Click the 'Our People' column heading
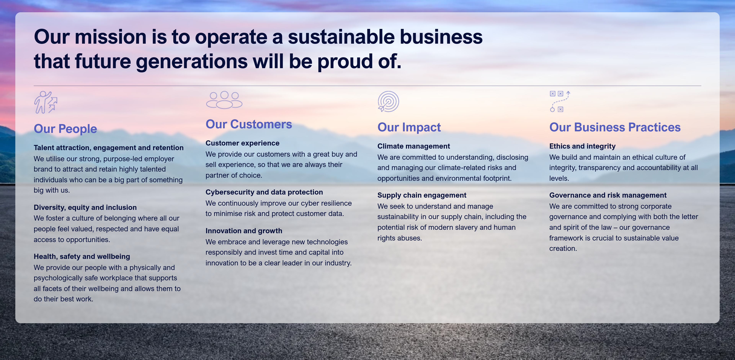tap(65, 129)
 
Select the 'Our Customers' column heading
tap(249, 124)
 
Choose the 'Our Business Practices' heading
tap(615, 127)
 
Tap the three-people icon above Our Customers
tap(224, 100)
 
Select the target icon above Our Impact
tap(388, 101)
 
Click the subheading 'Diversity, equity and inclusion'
tap(85, 208)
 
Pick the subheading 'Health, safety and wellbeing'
tap(82, 256)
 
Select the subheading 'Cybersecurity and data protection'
tap(264, 192)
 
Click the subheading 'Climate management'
tap(413, 146)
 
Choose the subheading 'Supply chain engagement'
tap(422, 195)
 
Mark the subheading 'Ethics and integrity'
tap(582, 146)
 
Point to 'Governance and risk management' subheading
tap(608, 195)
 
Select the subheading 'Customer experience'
tap(243, 143)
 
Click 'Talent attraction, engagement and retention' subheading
tap(108, 148)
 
